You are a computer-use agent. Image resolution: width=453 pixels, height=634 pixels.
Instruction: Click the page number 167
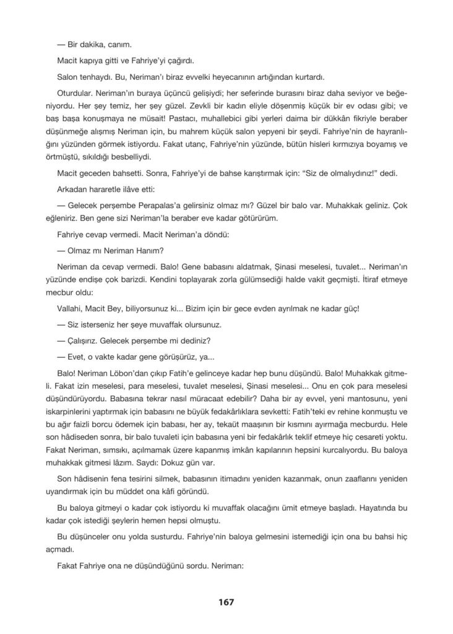225,601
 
